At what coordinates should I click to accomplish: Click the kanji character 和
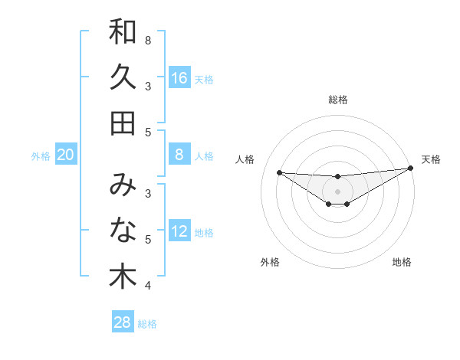click(123, 32)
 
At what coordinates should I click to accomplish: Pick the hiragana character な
click(123, 231)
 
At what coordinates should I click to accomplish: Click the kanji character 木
click(123, 277)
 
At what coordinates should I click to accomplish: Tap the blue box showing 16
click(179, 78)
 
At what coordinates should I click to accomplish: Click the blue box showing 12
click(179, 232)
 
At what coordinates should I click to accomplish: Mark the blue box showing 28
click(123, 322)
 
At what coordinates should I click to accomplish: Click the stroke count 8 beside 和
click(148, 40)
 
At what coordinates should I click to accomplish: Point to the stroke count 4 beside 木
click(148, 286)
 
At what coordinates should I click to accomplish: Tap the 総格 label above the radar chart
click(337, 100)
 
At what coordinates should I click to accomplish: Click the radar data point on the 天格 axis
click(411, 169)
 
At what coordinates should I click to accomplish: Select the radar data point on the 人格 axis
click(279, 172)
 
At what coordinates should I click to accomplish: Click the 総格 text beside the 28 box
click(147, 324)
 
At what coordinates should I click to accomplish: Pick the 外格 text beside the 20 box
click(41, 156)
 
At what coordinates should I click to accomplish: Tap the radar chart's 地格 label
click(402, 262)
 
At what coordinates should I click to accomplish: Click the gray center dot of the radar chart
click(337, 191)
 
